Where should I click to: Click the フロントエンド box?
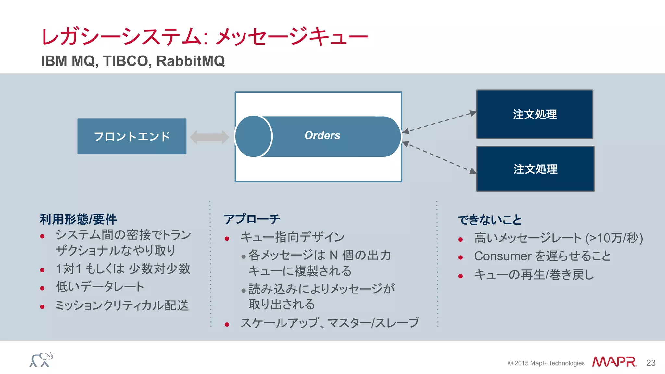pos(132,136)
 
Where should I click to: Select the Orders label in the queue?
pos(322,135)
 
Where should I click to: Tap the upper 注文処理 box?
pos(534,114)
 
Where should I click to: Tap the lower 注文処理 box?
pos(535,169)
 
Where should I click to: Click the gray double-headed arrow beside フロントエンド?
pos(209,137)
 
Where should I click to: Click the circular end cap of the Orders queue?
pos(253,136)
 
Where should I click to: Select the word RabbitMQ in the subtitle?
pos(191,61)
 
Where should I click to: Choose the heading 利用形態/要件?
pos(78,219)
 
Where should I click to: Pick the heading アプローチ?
pos(252,219)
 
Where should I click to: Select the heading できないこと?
pos(490,220)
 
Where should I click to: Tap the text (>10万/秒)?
pos(614,238)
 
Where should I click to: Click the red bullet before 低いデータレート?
pos(42,288)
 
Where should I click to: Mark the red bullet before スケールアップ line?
pos(227,324)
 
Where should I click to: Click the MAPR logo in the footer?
pos(614,362)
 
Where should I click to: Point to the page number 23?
pos(651,363)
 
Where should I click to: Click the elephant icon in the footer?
pos(41,360)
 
